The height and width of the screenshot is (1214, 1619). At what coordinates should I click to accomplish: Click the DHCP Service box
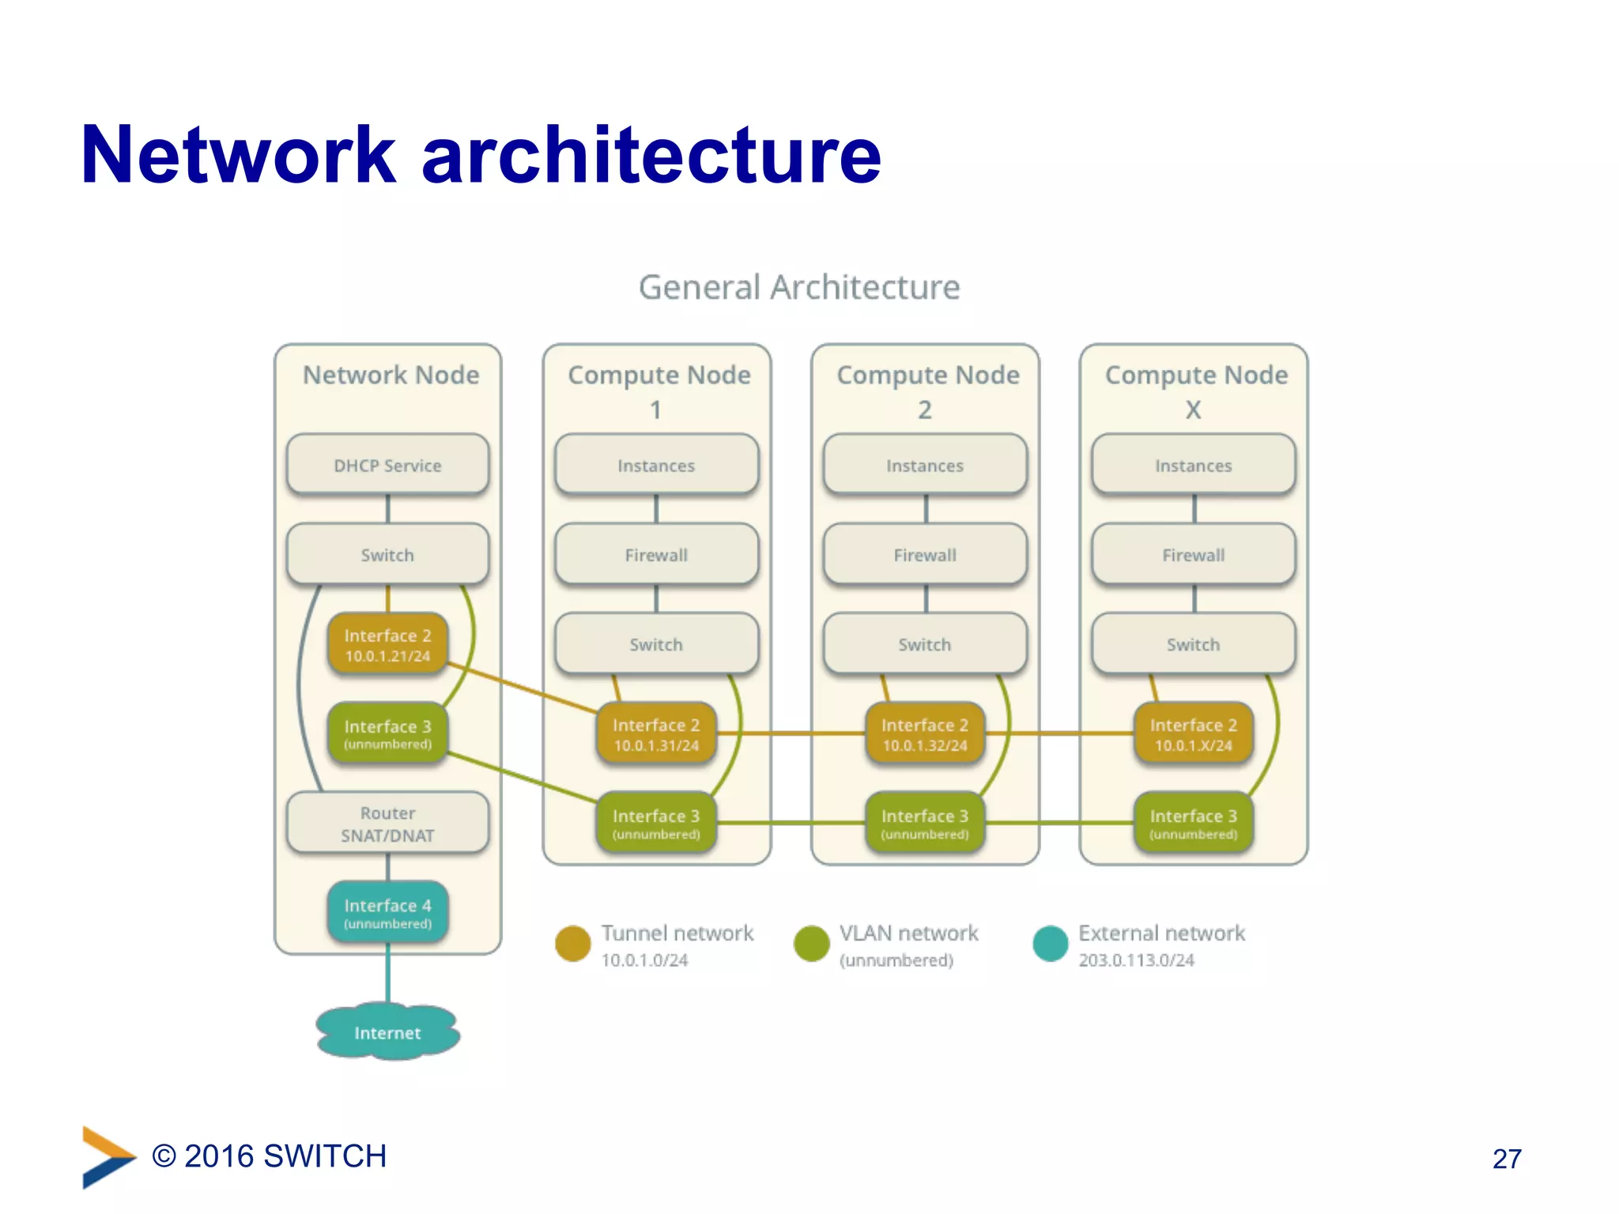[x=387, y=465]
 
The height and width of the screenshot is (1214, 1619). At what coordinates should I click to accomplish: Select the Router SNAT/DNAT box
[x=387, y=824]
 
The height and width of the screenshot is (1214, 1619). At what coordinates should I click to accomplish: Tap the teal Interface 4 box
[x=387, y=912]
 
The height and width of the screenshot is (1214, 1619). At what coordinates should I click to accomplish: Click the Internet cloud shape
[x=387, y=1032]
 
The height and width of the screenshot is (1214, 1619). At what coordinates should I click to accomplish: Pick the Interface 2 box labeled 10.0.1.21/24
[x=387, y=644]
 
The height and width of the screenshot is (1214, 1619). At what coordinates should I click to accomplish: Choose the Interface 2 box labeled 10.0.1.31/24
[x=656, y=733]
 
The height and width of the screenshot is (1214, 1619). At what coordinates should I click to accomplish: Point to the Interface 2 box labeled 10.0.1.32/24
[x=925, y=733]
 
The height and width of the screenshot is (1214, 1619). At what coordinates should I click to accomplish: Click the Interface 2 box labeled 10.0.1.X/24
[x=1194, y=733]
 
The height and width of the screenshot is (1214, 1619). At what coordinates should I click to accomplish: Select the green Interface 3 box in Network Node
[x=387, y=733]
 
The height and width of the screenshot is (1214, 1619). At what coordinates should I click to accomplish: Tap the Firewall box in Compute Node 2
[x=925, y=555]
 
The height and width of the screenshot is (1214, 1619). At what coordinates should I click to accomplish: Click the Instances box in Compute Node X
[x=1194, y=465]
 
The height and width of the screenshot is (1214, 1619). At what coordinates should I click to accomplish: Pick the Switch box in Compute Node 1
[x=656, y=644]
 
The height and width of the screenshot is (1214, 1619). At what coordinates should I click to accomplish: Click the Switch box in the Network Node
[x=387, y=555]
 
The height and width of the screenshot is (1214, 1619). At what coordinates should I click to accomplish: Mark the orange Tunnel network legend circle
[x=573, y=943]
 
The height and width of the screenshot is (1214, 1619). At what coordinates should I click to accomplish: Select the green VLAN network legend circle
[x=812, y=943]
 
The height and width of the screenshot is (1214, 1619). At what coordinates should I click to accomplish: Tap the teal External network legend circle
[x=1051, y=943]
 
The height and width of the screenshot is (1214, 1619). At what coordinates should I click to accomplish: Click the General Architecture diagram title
[x=799, y=287]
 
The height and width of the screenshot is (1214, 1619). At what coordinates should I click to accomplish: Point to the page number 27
[x=1507, y=1159]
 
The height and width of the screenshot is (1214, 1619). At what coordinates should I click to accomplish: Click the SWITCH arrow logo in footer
[x=108, y=1156]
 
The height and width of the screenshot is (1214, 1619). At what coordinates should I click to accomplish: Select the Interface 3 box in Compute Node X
[x=1194, y=824]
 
